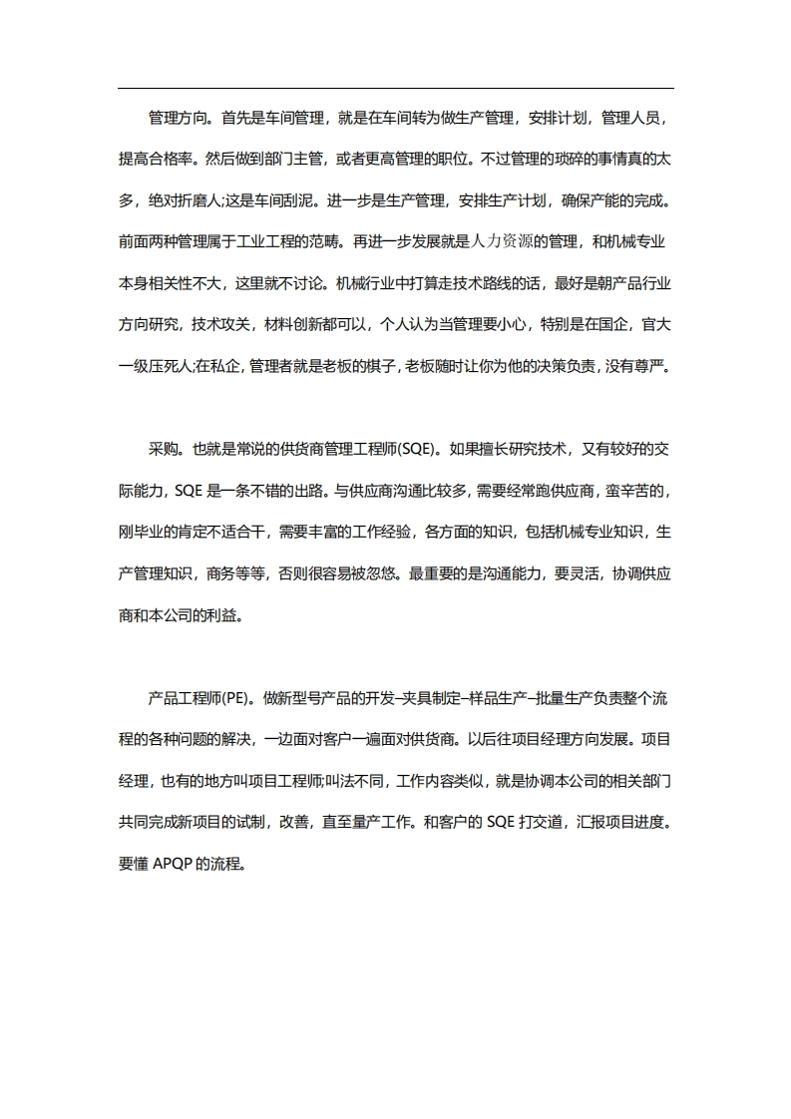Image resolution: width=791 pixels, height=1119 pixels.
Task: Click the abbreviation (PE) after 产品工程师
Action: point(237,698)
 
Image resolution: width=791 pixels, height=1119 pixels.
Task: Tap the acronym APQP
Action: point(175,864)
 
